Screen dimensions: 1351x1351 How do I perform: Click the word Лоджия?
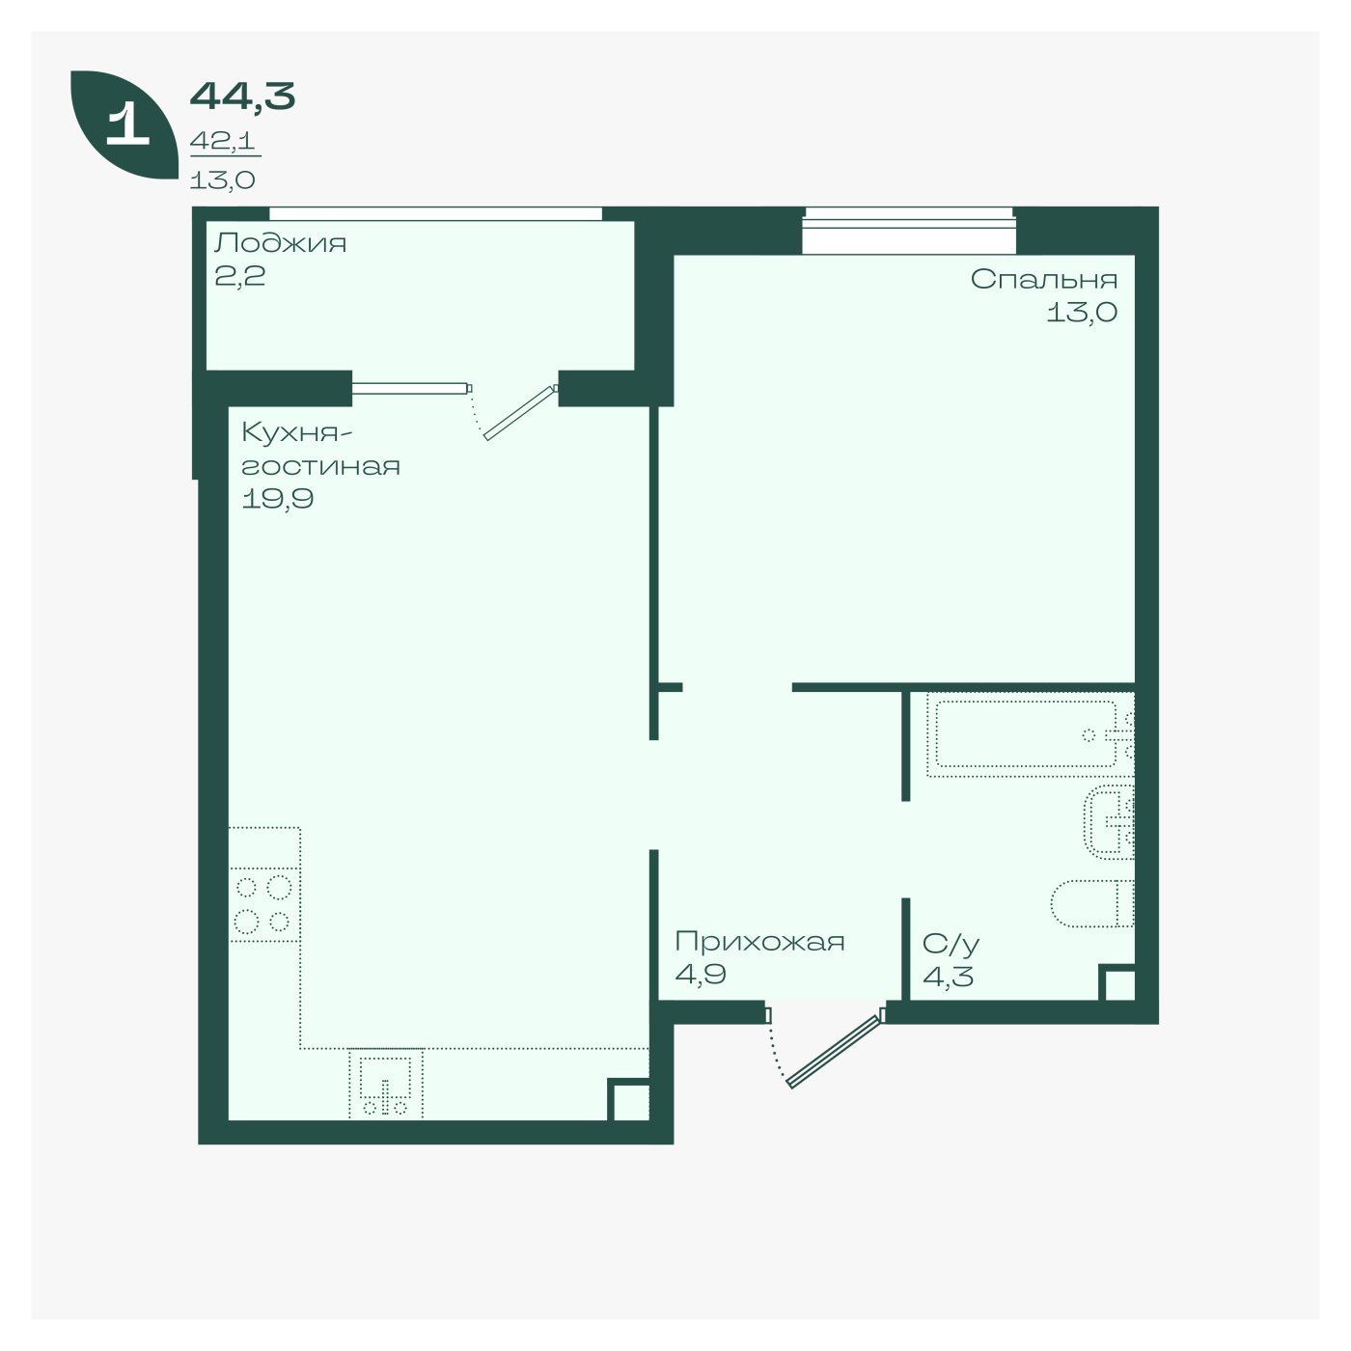pos(280,243)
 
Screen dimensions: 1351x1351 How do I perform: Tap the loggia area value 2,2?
pos(239,276)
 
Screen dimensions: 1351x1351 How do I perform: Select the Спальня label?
pos(1043,279)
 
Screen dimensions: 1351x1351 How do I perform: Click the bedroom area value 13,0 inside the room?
pos(1081,312)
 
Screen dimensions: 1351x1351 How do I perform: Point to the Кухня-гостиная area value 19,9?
pos(277,499)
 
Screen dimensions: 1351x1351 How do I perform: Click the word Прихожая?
pos(759,941)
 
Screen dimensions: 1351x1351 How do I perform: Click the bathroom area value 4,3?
pos(948,976)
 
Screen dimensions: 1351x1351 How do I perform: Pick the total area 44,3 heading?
pos(242,96)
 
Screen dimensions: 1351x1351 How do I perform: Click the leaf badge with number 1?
pos(124,124)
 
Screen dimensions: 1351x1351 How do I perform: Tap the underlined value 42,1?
pos(222,141)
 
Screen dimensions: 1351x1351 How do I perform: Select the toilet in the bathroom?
pos(1092,903)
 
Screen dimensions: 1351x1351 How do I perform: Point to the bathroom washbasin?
pos(1109,822)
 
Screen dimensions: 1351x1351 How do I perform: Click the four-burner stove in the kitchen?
pos(263,904)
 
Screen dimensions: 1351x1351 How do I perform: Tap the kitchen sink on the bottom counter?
pos(386,1083)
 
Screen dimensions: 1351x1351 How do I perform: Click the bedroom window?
pos(909,231)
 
